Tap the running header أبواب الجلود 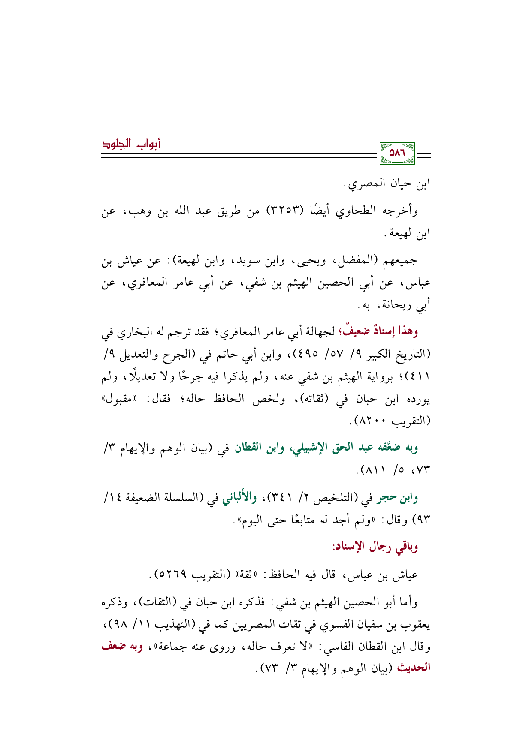coord(131,144)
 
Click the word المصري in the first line coord(368,184)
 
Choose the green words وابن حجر coord(397,498)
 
